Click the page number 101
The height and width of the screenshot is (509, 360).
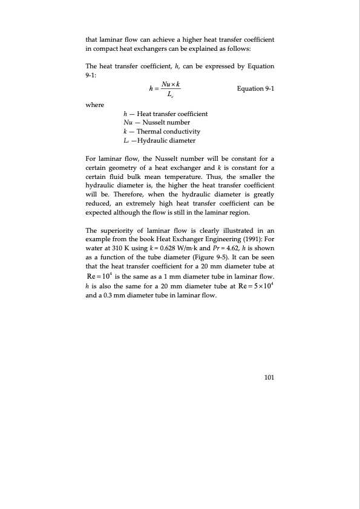click(269, 378)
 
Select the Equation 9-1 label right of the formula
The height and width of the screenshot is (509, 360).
click(256, 89)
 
